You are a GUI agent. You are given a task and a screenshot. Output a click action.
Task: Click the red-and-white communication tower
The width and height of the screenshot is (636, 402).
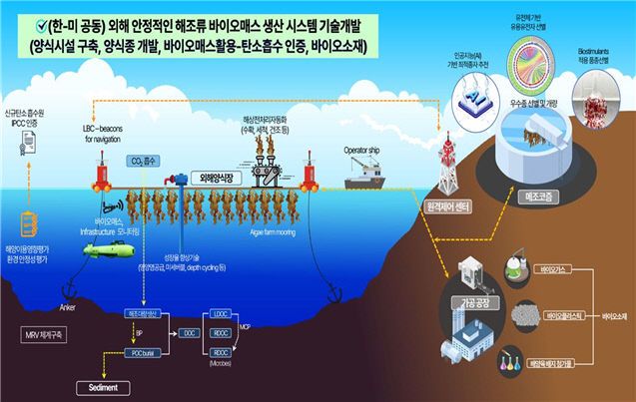444,162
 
